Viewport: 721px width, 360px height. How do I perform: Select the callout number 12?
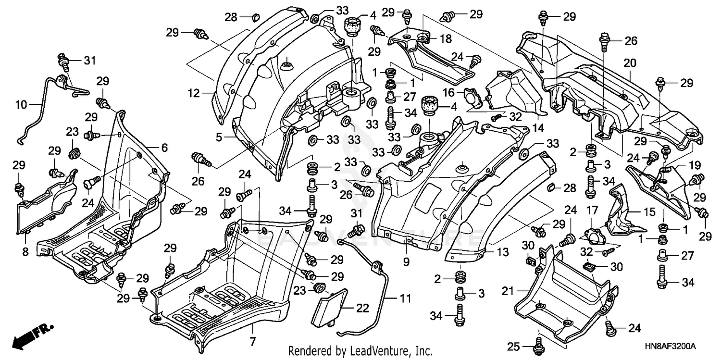pos(194,94)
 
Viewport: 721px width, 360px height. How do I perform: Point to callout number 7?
pos(253,342)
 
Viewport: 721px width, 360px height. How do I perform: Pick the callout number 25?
pos(513,346)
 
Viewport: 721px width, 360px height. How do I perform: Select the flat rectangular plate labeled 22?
pos(329,306)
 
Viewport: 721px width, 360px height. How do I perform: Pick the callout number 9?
pos(406,262)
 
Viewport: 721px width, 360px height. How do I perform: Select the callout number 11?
pos(404,298)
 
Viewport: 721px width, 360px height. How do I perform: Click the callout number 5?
pos(219,137)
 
